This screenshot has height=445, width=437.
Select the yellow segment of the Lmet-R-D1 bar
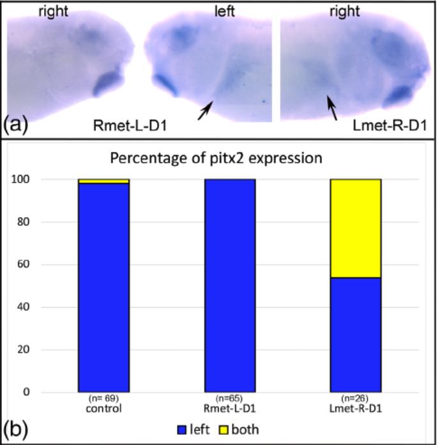tap(355, 228)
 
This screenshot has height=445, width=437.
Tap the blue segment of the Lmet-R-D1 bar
tap(355, 335)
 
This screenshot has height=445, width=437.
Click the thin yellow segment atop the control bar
tap(103, 181)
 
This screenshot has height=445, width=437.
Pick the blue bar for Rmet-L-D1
tap(229, 285)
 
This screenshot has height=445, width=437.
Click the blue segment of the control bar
tap(103, 287)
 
